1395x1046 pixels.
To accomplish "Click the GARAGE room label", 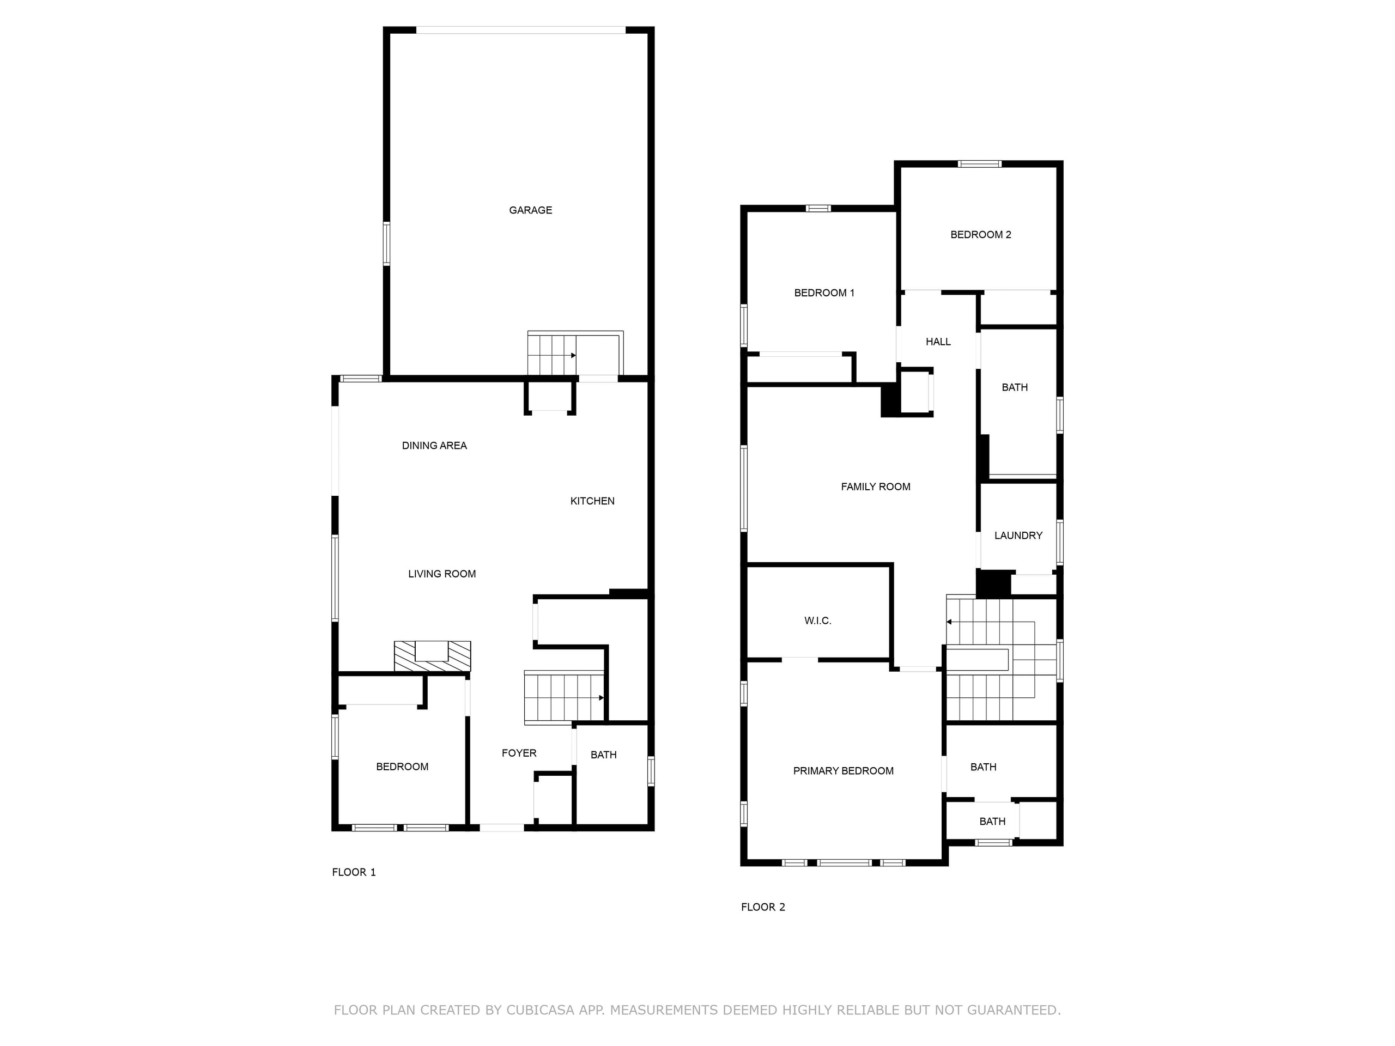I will tap(530, 210).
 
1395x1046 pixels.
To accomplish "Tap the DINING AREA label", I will tap(434, 445).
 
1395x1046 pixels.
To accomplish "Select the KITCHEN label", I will tap(592, 501).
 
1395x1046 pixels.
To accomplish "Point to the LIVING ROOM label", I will tap(441, 574).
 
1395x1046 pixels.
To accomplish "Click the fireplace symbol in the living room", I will tap(432, 656).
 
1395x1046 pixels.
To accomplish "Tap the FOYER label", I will tap(518, 753).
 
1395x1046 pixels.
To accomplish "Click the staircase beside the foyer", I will tap(563, 697).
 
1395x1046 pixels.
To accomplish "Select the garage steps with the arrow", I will tap(552, 355).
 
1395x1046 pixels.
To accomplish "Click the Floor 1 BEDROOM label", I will tap(402, 767).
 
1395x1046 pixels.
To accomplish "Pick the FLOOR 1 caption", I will tap(354, 872).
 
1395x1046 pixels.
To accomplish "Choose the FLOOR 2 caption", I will tap(762, 907).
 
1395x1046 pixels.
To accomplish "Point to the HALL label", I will tap(938, 342).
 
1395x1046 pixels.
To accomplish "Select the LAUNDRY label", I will tap(1018, 536).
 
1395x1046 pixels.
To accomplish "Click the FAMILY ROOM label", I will tap(875, 486).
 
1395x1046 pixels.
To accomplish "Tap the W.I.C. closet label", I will tap(817, 621).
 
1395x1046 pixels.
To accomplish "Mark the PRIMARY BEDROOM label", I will tap(842, 770).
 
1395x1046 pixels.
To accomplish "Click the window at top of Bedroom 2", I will tap(979, 164).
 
